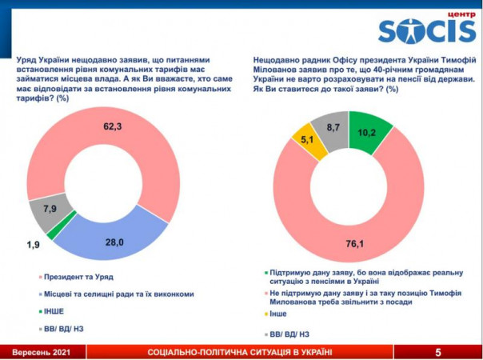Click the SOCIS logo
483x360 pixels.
[x=427, y=31]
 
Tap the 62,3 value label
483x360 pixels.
[x=114, y=126]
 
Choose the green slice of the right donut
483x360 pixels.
[x=369, y=127]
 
